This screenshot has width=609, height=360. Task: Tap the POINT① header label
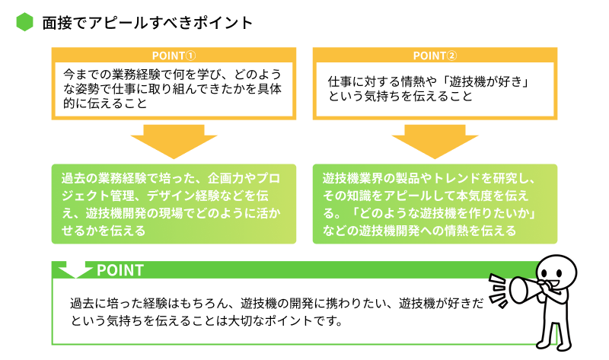point(174,56)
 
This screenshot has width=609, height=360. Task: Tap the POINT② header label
point(435,56)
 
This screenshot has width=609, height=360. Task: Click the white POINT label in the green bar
point(120,270)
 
